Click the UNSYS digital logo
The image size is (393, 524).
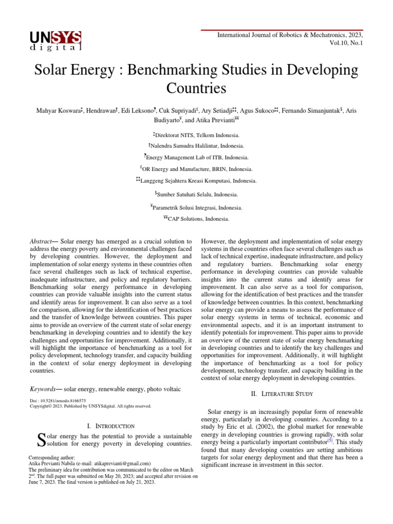coord(55,40)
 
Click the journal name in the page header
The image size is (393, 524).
coord(282,35)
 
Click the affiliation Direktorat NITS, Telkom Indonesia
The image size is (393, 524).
coord(198,135)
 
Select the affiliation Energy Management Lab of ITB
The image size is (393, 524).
coord(198,157)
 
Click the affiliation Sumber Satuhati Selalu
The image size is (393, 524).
coord(198,194)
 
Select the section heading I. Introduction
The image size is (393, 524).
coord(111,426)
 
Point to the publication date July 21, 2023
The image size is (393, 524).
coord(138,482)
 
